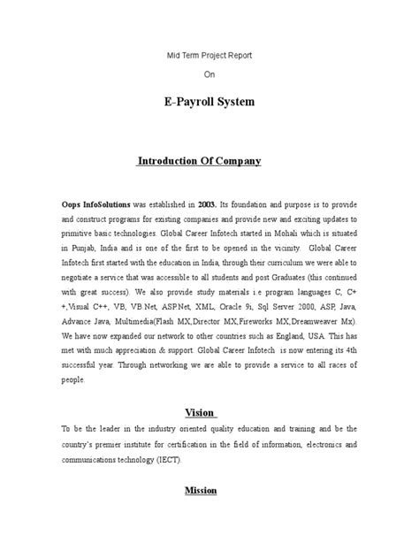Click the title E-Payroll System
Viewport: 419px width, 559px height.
pyautogui.click(x=209, y=103)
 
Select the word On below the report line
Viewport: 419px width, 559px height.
pyautogui.click(x=209, y=75)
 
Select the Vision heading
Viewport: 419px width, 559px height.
pyautogui.click(x=201, y=412)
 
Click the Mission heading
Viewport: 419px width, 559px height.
pyautogui.click(x=200, y=489)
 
